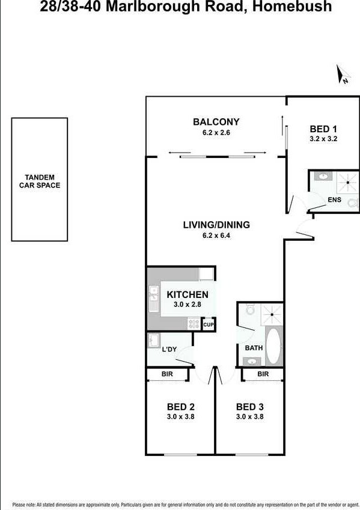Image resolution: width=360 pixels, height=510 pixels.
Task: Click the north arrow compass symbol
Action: (x=343, y=74)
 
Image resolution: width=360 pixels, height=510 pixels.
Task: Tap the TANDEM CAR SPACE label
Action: (x=40, y=181)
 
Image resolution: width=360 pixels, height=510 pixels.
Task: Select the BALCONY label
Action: (x=216, y=122)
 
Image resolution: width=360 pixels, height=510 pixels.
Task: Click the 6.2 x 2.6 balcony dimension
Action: (x=216, y=132)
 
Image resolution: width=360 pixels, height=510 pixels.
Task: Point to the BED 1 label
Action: (x=323, y=129)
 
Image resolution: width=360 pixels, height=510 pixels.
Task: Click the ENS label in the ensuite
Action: (x=335, y=199)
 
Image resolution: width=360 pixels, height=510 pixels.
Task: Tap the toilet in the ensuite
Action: (x=353, y=203)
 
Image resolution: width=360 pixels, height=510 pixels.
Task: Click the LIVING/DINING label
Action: (x=216, y=225)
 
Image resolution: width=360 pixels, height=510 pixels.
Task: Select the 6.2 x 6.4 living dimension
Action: (x=216, y=235)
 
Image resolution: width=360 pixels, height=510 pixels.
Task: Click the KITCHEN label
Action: (x=188, y=294)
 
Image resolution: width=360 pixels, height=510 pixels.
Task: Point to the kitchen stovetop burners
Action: (x=194, y=324)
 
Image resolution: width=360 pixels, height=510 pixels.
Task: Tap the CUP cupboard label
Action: (x=209, y=324)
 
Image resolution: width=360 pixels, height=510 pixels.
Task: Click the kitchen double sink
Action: (x=153, y=298)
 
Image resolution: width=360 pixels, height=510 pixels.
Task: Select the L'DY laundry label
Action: (x=169, y=350)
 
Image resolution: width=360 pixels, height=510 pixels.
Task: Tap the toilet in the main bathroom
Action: (x=250, y=309)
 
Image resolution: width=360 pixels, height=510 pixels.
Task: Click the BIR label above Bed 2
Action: (x=167, y=374)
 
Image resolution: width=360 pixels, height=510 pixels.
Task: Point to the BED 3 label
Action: (x=250, y=407)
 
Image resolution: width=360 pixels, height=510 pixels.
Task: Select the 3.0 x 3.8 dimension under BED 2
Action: (x=181, y=416)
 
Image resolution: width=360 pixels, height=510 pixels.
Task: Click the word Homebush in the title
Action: (x=292, y=6)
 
